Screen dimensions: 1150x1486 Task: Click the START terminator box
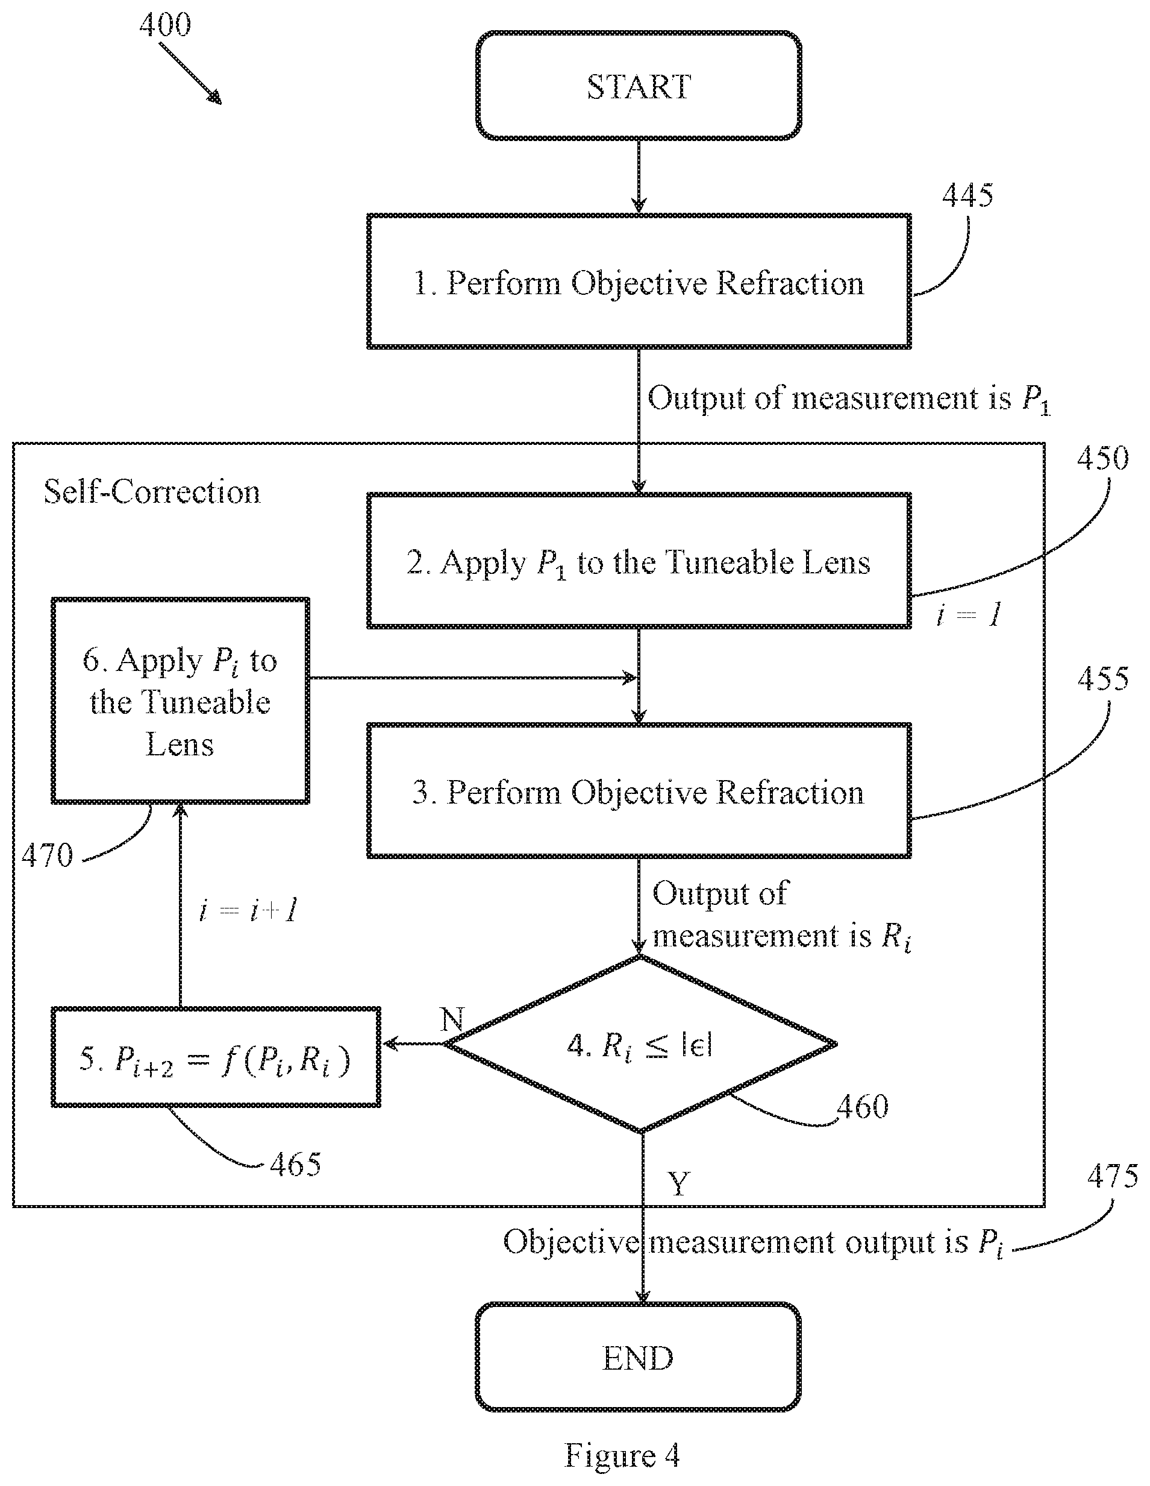pos(639,86)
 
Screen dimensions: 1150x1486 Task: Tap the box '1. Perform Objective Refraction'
pos(639,282)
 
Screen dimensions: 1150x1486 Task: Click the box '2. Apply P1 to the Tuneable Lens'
pos(639,561)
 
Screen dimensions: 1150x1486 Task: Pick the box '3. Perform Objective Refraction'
pos(639,791)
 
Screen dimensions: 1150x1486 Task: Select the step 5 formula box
pos(216,1057)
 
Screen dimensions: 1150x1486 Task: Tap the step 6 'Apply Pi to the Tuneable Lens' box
pos(180,701)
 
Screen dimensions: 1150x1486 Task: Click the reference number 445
pos(967,195)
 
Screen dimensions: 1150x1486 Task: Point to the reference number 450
pos(1102,458)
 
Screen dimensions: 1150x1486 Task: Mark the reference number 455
pos(1102,678)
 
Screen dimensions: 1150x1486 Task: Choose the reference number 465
pos(295,1164)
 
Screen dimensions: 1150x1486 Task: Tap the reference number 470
pos(47,855)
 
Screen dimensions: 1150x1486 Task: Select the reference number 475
pos(1112,1175)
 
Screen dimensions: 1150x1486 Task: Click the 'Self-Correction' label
pos(152,491)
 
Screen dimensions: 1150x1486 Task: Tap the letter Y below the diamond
pos(679,1183)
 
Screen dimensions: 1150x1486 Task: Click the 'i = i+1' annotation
pos(248,910)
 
